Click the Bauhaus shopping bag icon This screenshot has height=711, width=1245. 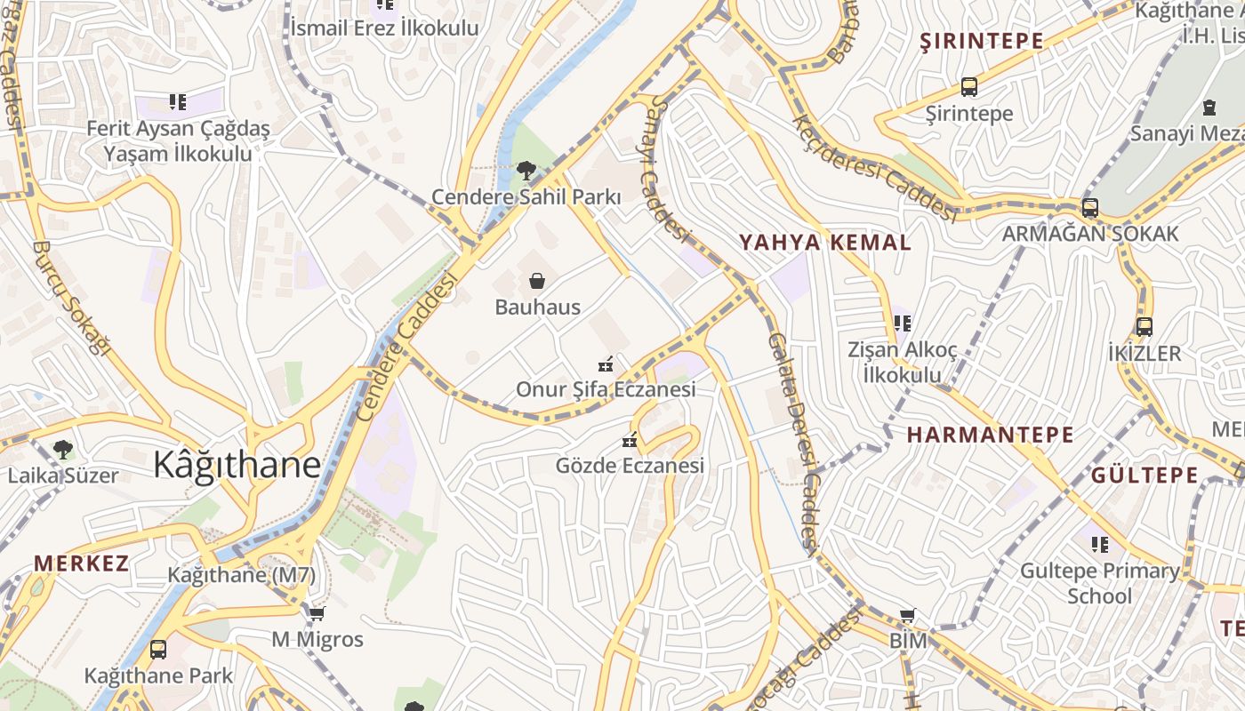[x=537, y=281]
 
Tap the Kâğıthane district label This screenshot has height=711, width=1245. [x=237, y=464]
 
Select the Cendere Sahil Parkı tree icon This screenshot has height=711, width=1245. [x=526, y=171]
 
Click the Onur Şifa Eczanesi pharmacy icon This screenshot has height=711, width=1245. [x=606, y=364]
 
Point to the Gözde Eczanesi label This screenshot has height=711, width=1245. [x=630, y=465]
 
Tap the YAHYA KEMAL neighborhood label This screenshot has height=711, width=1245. [x=825, y=242]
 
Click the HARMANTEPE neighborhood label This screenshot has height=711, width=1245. [x=990, y=435]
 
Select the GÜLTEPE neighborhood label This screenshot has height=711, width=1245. [x=1145, y=475]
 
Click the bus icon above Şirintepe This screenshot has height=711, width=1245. [x=969, y=87]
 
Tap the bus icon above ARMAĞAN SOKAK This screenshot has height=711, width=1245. [x=1089, y=208]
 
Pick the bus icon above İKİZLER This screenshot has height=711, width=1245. [x=1145, y=326]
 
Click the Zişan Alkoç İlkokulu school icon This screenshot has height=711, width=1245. [x=903, y=324]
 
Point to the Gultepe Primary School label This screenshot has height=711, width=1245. [x=1099, y=583]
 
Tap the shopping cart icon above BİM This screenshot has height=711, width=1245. [x=907, y=615]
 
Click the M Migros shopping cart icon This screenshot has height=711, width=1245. [x=317, y=613]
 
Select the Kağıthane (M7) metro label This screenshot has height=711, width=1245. [x=241, y=575]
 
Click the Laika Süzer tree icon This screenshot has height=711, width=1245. [x=62, y=449]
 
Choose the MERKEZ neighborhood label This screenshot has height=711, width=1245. [x=81, y=563]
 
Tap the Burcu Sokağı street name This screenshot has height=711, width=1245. [x=70, y=298]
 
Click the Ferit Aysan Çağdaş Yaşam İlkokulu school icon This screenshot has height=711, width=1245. [x=178, y=102]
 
